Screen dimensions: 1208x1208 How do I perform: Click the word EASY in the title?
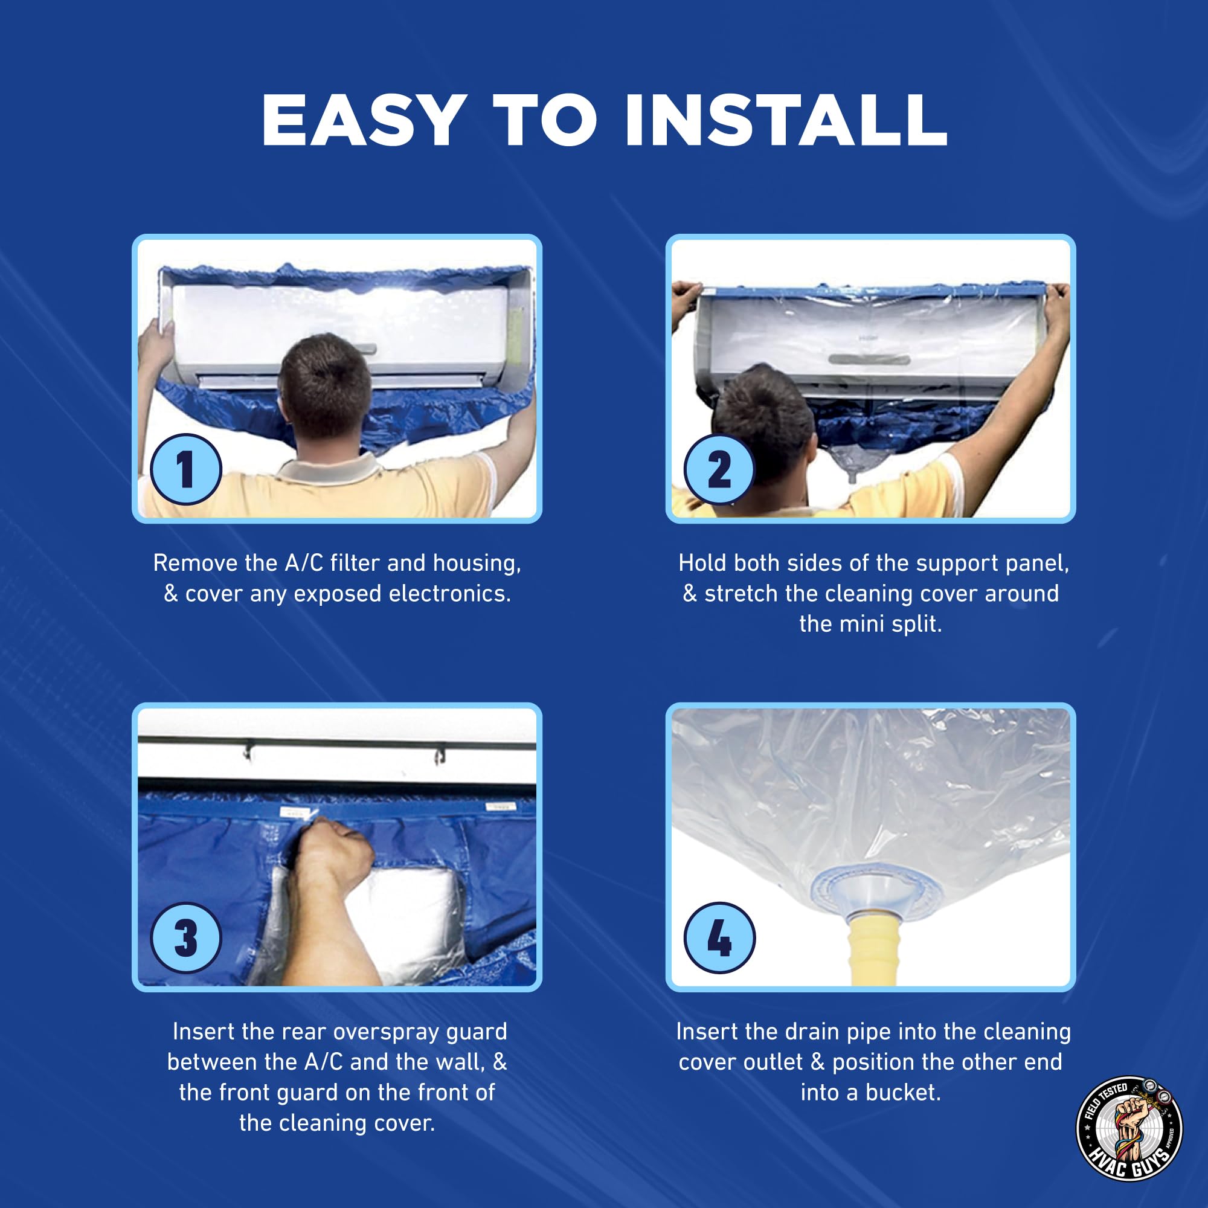pyautogui.click(x=362, y=120)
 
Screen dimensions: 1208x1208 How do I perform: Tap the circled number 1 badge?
pyautogui.click(x=185, y=469)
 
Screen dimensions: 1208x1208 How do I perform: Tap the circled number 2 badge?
pyautogui.click(x=719, y=469)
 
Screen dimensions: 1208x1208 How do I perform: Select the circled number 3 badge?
pyautogui.click(x=185, y=939)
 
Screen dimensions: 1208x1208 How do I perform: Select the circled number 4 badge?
pyautogui.click(x=719, y=939)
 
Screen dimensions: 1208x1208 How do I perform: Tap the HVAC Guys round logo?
pyautogui.click(x=1129, y=1129)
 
